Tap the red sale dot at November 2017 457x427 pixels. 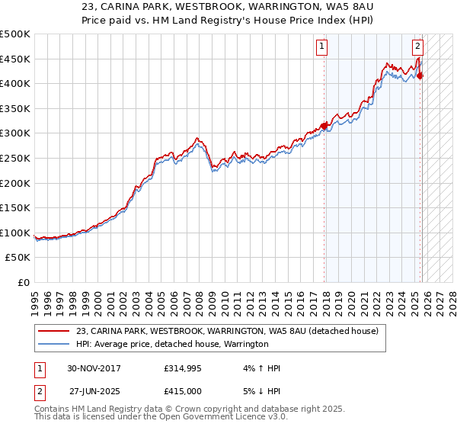coord(324,126)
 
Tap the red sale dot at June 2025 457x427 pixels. coord(420,75)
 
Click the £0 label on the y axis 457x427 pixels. coord(24,283)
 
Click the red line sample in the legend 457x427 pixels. coord(54,331)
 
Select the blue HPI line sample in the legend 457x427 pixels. coord(54,344)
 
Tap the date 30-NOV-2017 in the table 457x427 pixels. coord(94,368)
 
